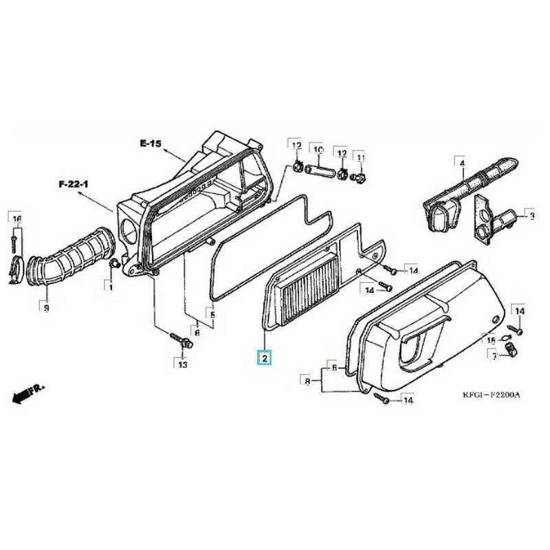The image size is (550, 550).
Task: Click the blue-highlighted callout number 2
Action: tap(265, 357)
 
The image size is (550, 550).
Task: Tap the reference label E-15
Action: tap(149, 144)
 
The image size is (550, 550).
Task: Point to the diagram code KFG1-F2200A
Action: tap(491, 395)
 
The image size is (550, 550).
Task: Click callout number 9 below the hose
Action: tap(45, 309)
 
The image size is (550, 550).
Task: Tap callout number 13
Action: tap(182, 364)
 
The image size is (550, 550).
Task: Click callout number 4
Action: tap(462, 163)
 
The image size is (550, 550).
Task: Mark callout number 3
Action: tap(530, 216)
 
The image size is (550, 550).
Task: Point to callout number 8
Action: tap(307, 379)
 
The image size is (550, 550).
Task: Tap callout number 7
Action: tap(492, 354)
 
